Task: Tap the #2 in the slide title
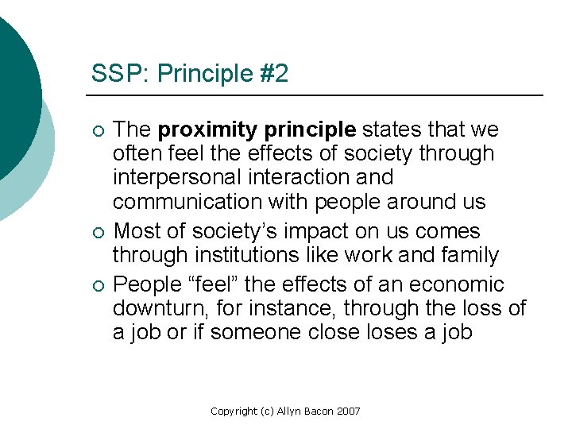pyautogui.click(x=272, y=75)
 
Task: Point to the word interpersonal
pyautogui.click(x=180, y=177)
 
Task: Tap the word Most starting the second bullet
pyautogui.click(x=137, y=231)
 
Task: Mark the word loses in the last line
pyautogui.click(x=385, y=332)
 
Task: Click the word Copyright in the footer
pyautogui.click(x=234, y=411)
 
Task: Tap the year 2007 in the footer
pyautogui.click(x=348, y=411)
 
